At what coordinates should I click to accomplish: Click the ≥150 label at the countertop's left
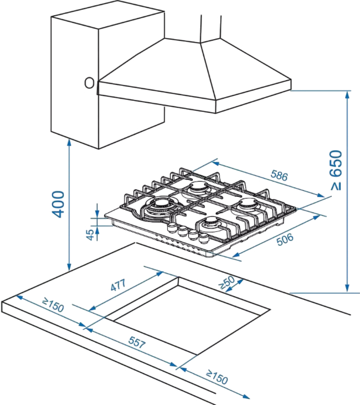[x=53, y=306]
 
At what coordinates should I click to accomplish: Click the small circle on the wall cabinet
[x=89, y=83]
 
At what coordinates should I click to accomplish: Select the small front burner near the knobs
[x=211, y=224]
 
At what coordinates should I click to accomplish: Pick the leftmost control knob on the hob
[x=172, y=229]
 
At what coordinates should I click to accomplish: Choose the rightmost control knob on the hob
[x=202, y=237]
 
